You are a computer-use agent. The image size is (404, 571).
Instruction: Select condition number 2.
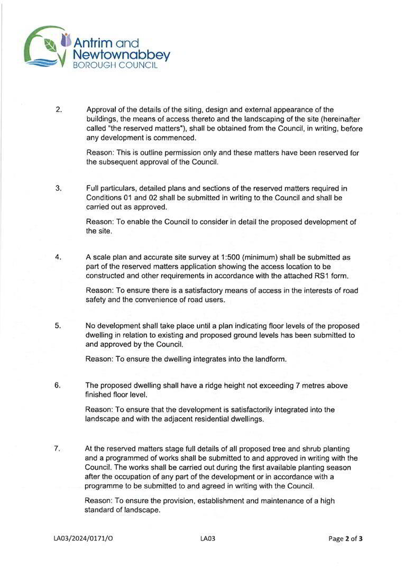coord(58,110)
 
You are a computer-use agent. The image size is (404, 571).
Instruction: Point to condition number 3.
coord(58,188)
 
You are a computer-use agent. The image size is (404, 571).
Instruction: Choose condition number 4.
coord(58,257)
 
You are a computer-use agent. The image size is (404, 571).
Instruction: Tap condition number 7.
coord(57,449)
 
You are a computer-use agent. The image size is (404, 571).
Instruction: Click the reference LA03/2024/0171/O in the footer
coord(83,539)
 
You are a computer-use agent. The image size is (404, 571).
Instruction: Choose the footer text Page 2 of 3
coord(345,539)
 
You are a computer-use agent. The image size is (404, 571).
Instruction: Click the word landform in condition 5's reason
coord(269,359)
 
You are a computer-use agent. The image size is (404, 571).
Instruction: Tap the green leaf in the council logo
coord(51,45)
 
